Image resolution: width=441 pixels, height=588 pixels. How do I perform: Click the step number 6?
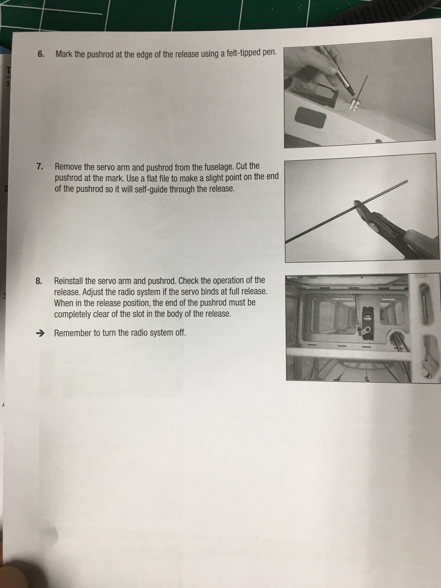pyautogui.click(x=41, y=54)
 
